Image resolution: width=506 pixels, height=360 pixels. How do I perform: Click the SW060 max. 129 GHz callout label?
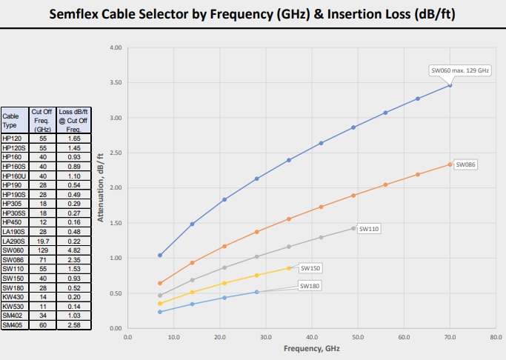coord(460,70)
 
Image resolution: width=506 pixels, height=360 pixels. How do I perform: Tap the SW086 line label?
coord(465,164)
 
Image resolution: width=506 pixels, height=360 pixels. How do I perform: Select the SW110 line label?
coord(369,229)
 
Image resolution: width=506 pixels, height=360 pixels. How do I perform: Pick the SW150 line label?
coord(310,267)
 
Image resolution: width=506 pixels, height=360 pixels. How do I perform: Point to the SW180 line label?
coord(310,284)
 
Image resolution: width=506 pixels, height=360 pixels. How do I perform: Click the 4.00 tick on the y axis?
coord(116,47)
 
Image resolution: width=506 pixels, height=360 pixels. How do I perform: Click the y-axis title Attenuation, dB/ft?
coord(99,187)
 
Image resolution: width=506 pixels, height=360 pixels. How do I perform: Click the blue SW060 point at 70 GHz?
coord(450,85)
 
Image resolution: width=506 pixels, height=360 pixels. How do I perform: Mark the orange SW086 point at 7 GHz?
coord(160,283)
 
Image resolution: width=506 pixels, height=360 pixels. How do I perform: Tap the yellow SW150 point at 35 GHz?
coord(289,267)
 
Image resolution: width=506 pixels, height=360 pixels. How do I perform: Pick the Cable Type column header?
coord(13,120)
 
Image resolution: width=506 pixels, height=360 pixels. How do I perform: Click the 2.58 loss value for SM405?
coord(74,324)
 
